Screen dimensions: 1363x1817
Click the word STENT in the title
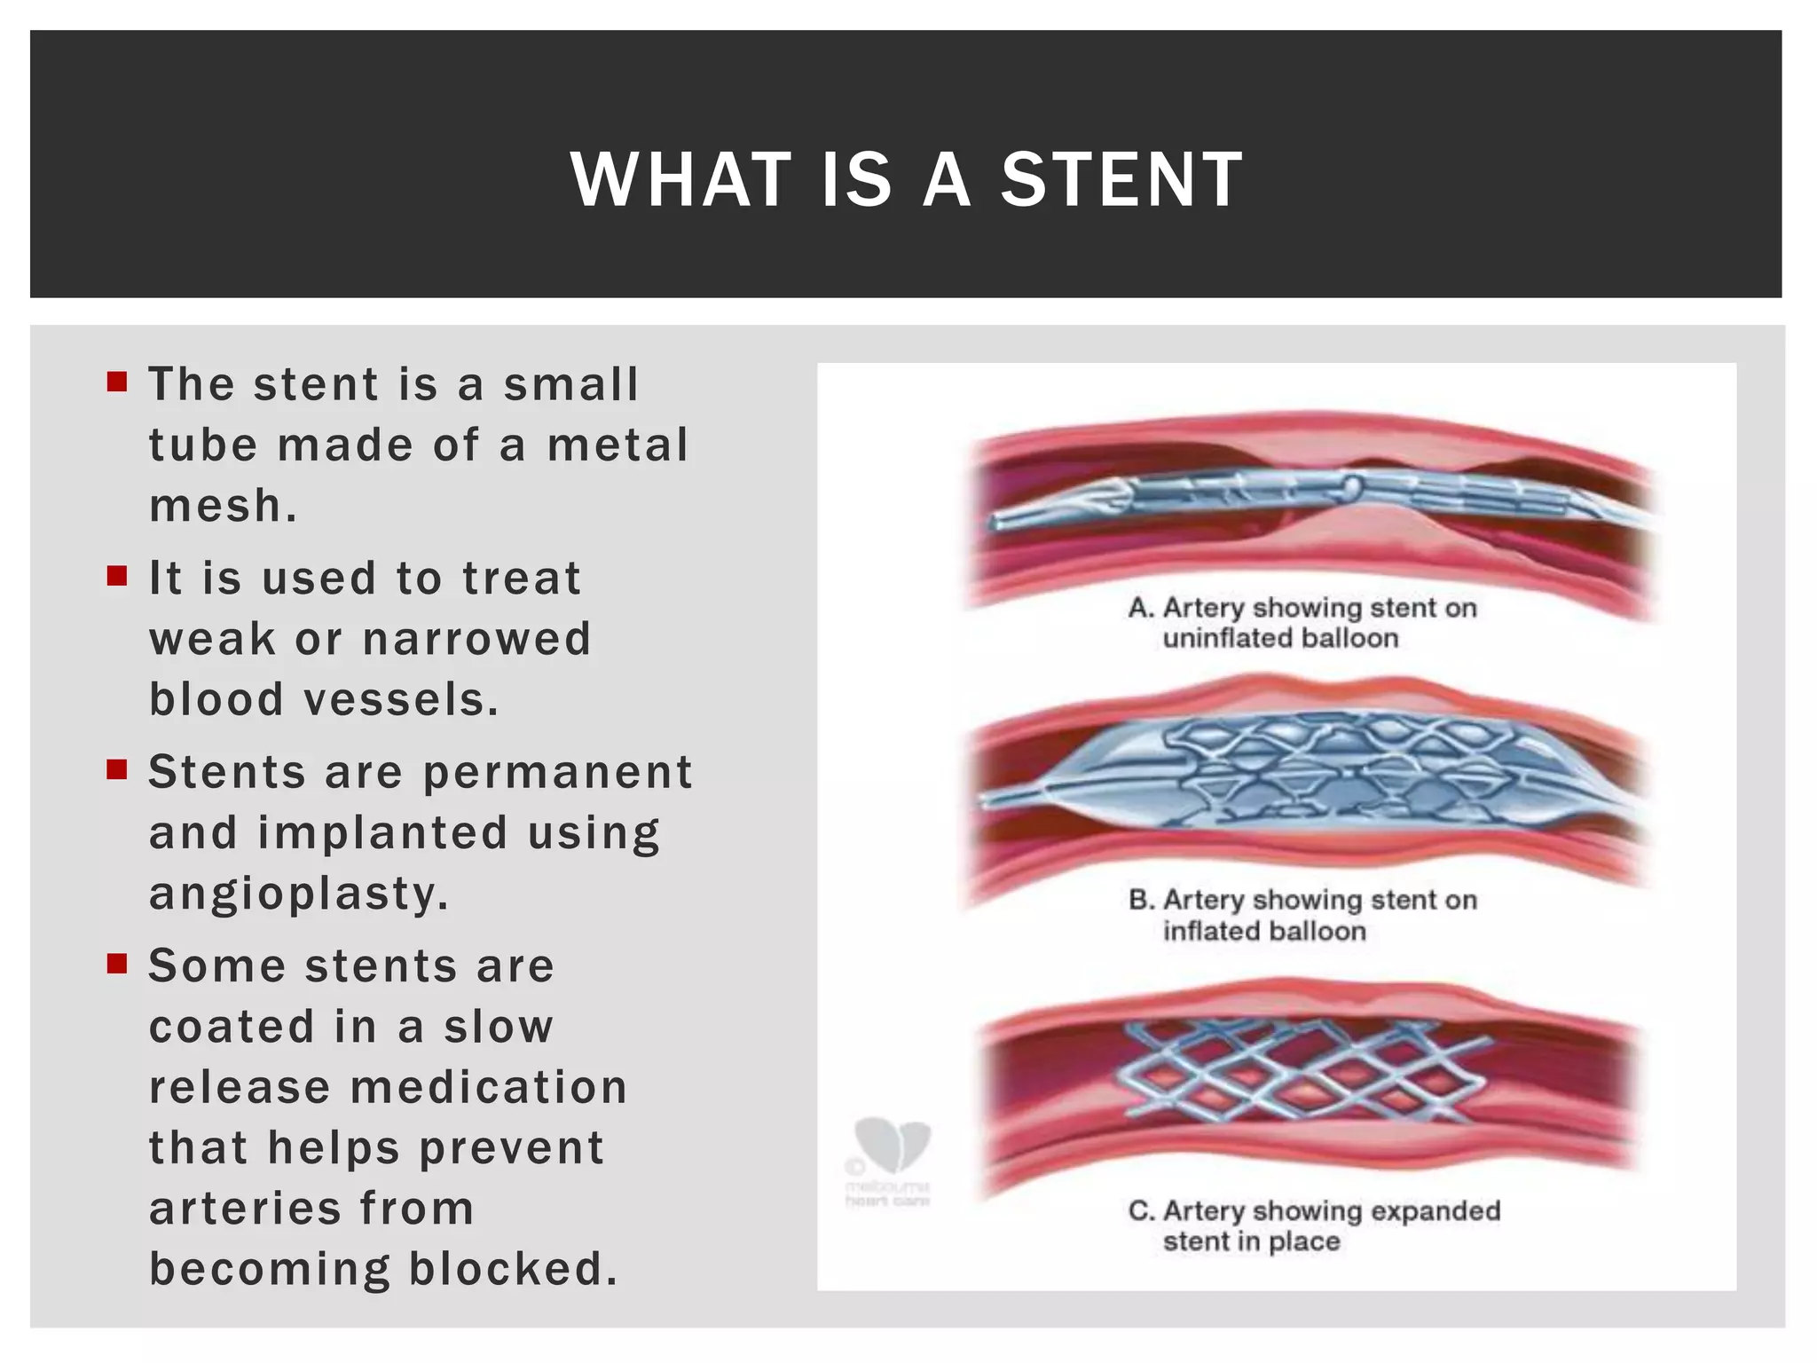(x=1121, y=180)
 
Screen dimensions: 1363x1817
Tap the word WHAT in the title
(x=681, y=180)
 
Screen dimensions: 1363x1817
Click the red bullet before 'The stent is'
(x=117, y=382)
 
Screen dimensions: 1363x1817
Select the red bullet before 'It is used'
(x=117, y=576)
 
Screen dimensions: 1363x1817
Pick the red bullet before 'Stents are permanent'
(x=117, y=769)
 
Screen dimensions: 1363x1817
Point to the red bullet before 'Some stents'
(x=117, y=963)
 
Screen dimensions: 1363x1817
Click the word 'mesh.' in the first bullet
(x=223, y=507)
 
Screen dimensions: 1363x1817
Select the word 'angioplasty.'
(x=299, y=894)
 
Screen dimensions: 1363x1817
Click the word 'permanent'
(x=557, y=772)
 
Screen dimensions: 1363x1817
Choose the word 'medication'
(x=489, y=1087)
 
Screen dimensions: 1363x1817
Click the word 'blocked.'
(x=513, y=1269)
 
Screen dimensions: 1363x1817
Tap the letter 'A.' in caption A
(x=1141, y=609)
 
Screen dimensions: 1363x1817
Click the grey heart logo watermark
(x=891, y=1145)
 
